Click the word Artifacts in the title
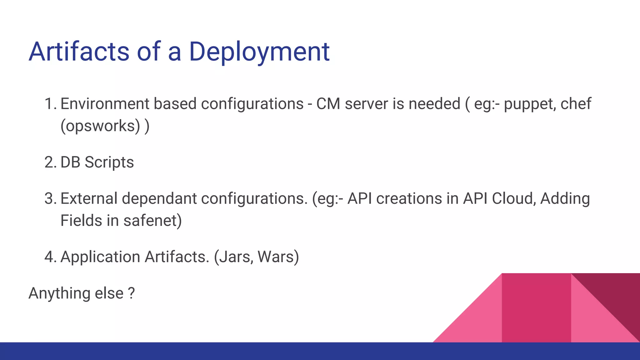click(x=79, y=52)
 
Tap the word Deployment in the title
click(x=259, y=52)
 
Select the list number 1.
click(x=50, y=104)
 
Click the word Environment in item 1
click(x=104, y=104)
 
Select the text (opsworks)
click(x=100, y=126)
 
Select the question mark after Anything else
click(x=132, y=293)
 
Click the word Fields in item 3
click(x=81, y=221)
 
